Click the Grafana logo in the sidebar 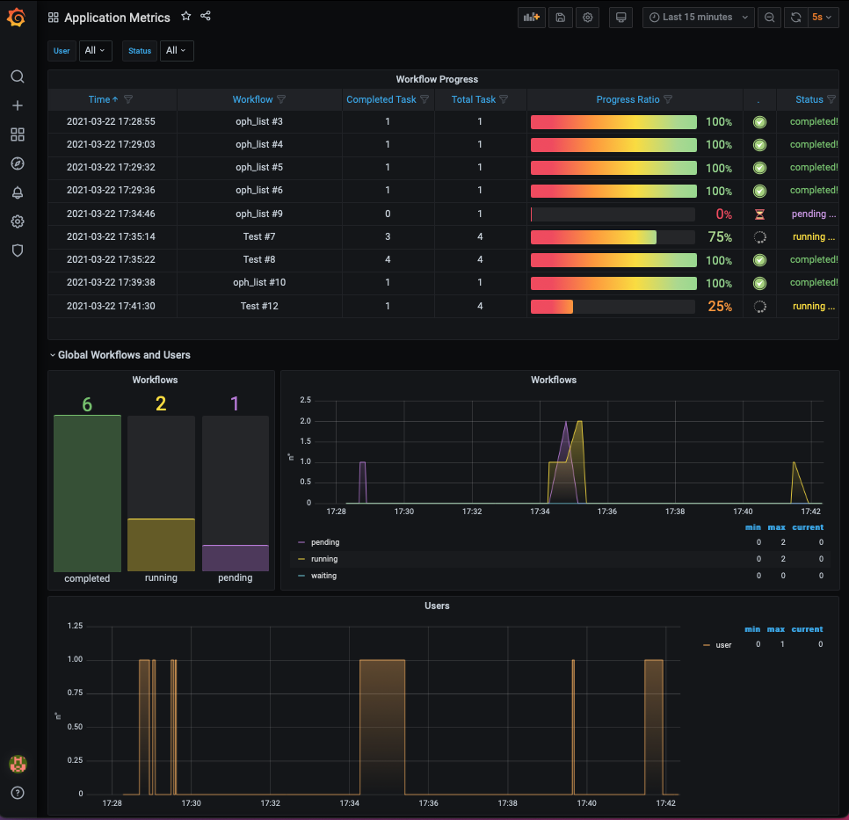pos(17,18)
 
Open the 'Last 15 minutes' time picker pos(698,18)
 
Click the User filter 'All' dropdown pos(95,51)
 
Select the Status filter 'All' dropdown pos(176,51)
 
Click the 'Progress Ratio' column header pos(628,99)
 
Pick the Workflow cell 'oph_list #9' pos(259,214)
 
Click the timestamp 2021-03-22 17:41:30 pos(111,306)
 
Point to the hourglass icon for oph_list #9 pos(759,214)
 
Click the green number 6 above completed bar pos(87,403)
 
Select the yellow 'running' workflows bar pos(161,545)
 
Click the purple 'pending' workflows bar pos(235,558)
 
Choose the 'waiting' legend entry pos(323,576)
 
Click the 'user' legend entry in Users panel pos(723,645)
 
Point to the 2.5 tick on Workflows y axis pos(306,400)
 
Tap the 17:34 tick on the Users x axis pos(349,803)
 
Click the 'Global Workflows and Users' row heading pos(124,355)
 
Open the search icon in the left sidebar pos(17,76)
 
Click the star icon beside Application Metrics pos(185,17)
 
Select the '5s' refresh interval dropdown pos(822,18)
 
